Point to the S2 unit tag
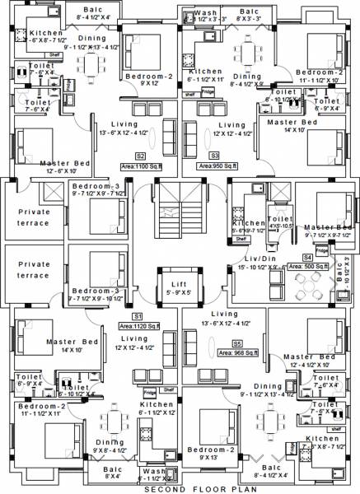(x=141, y=155)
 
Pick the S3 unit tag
(x=214, y=155)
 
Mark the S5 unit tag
(x=237, y=343)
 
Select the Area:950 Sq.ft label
(x=217, y=165)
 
